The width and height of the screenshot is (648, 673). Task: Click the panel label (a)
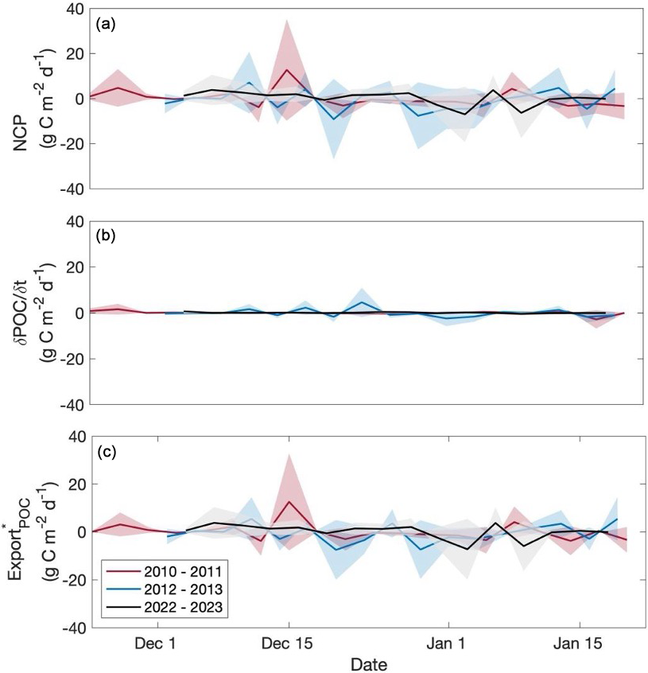coord(106,24)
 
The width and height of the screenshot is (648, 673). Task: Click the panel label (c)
coord(106,453)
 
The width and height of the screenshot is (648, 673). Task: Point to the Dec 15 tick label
coord(287,643)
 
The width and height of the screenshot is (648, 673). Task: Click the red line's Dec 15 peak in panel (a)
coord(288,69)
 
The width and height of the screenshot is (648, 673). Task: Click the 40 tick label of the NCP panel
coord(76,10)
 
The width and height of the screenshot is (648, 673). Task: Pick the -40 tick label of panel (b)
coord(72,404)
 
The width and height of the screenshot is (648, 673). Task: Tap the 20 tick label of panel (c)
coord(76,484)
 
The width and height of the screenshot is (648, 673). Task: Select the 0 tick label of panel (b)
coord(80,313)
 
